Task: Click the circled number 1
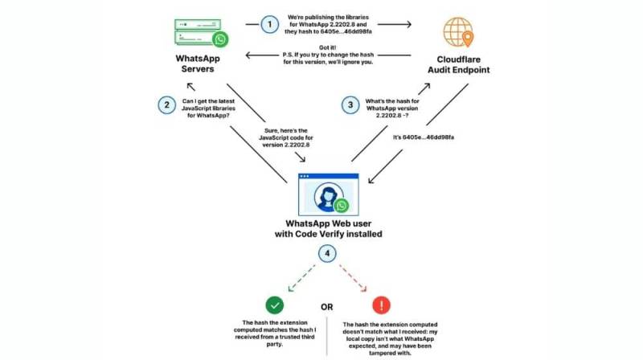[x=269, y=25]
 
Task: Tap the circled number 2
[x=167, y=105]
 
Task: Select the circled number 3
[x=350, y=105]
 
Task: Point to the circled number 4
[x=327, y=253]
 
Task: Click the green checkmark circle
[x=275, y=305]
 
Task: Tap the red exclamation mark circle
[x=381, y=305]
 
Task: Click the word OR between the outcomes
[x=327, y=307]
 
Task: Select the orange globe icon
[x=458, y=32]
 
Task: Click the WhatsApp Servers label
[x=198, y=63]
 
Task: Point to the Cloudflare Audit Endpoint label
[x=458, y=65]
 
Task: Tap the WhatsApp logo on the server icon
[x=220, y=39]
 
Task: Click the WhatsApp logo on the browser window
[x=341, y=206]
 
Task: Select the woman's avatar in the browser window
[x=329, y=197]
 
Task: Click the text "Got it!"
[x=327, y=47]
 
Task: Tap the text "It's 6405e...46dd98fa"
[x=424, y=137]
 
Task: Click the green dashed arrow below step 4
[x=301, y=278]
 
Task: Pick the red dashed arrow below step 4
[x=353, y=278]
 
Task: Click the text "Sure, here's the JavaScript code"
[x=286, y=134]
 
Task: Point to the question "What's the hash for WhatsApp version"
[x=392, y=104]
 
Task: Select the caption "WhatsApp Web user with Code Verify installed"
[x=329, y=229]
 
